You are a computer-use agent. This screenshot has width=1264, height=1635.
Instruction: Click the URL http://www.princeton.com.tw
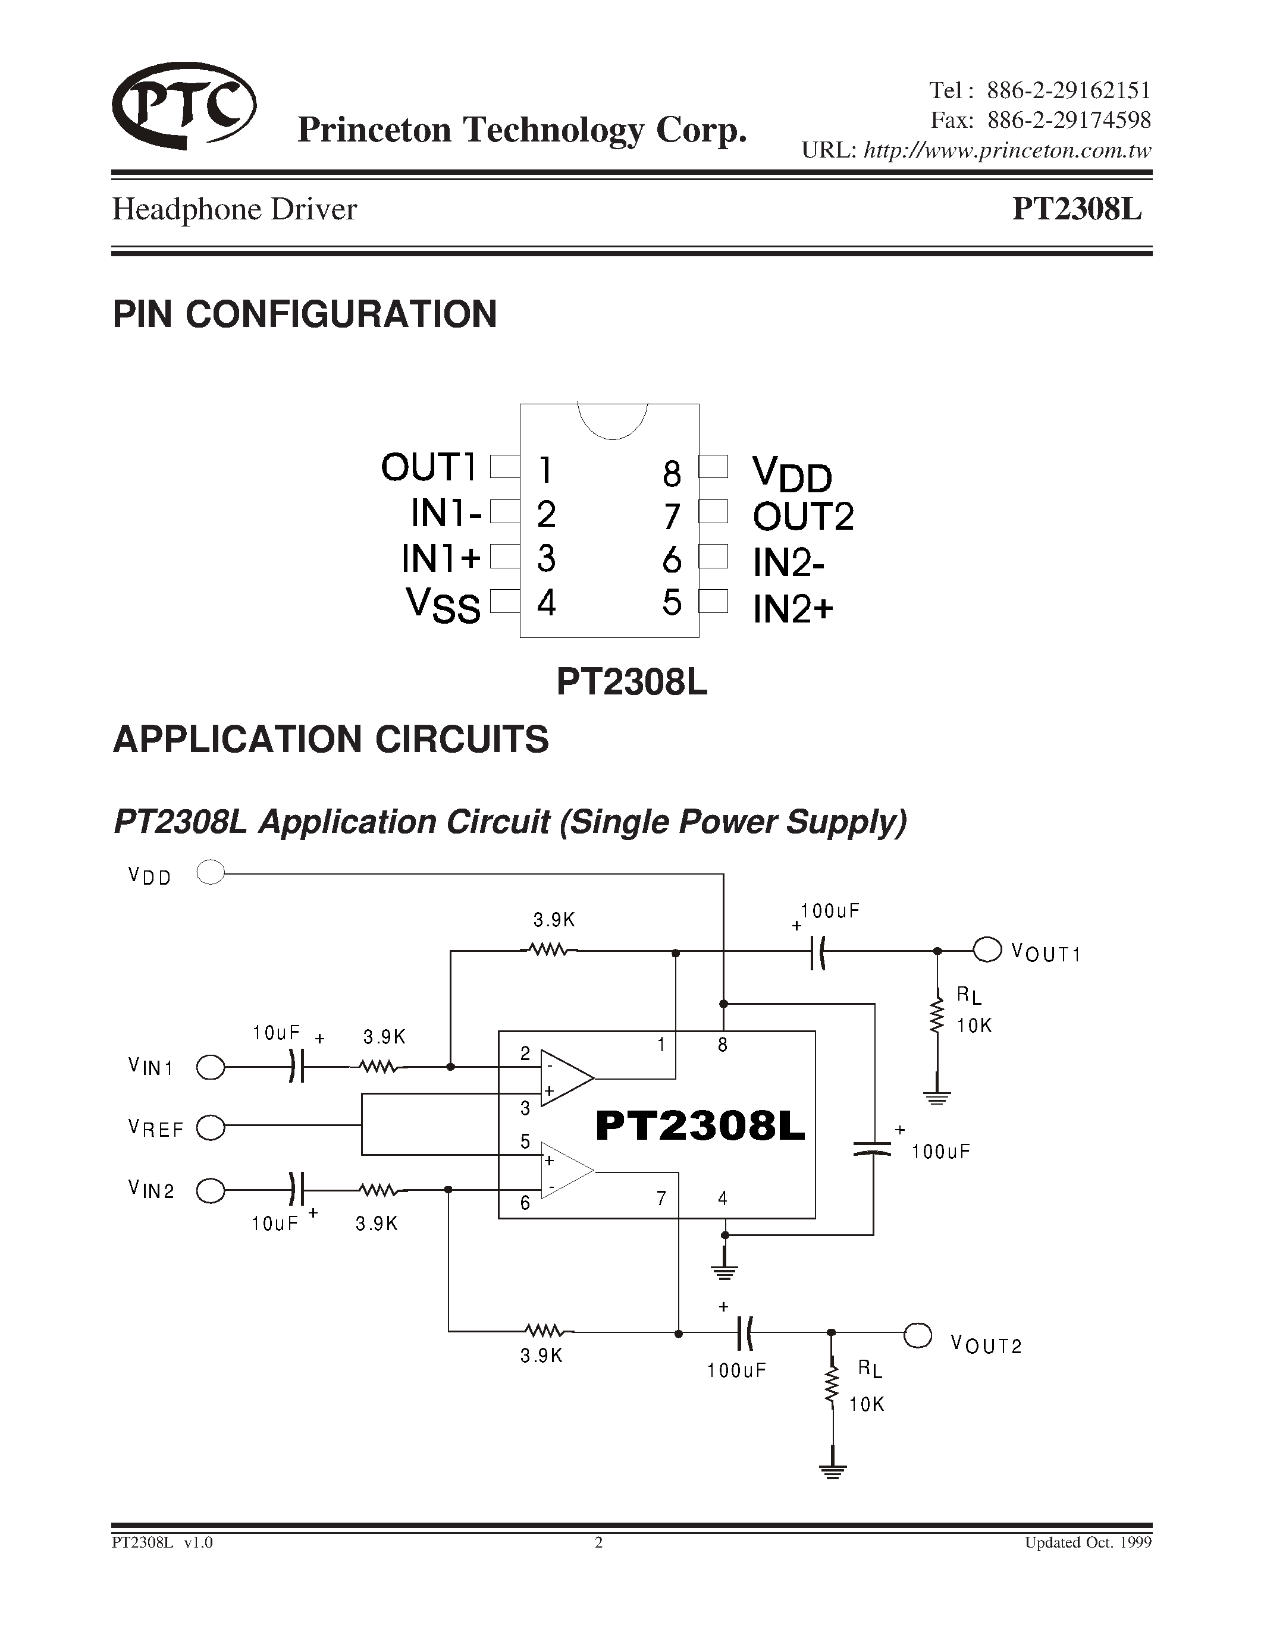1007,150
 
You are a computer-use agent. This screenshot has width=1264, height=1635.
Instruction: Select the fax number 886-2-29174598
1069,120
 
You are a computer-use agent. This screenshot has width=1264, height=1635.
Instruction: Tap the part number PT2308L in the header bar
1077,210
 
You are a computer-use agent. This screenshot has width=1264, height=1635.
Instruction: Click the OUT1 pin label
428,468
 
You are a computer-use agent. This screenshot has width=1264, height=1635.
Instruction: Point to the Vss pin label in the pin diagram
443,605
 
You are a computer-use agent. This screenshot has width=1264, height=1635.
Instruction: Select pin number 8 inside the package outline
672,473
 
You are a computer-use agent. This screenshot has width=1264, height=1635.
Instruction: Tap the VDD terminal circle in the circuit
211,873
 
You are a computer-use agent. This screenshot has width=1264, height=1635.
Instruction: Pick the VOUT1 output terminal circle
987,950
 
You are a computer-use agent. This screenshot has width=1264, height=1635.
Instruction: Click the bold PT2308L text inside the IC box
700,1127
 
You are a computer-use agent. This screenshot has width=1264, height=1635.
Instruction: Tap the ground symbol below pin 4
724,1270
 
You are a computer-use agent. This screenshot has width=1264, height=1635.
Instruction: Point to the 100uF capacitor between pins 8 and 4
873,1149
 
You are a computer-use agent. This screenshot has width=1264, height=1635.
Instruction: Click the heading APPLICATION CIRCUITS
330,740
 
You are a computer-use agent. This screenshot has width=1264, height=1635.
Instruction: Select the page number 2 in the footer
598,1543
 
